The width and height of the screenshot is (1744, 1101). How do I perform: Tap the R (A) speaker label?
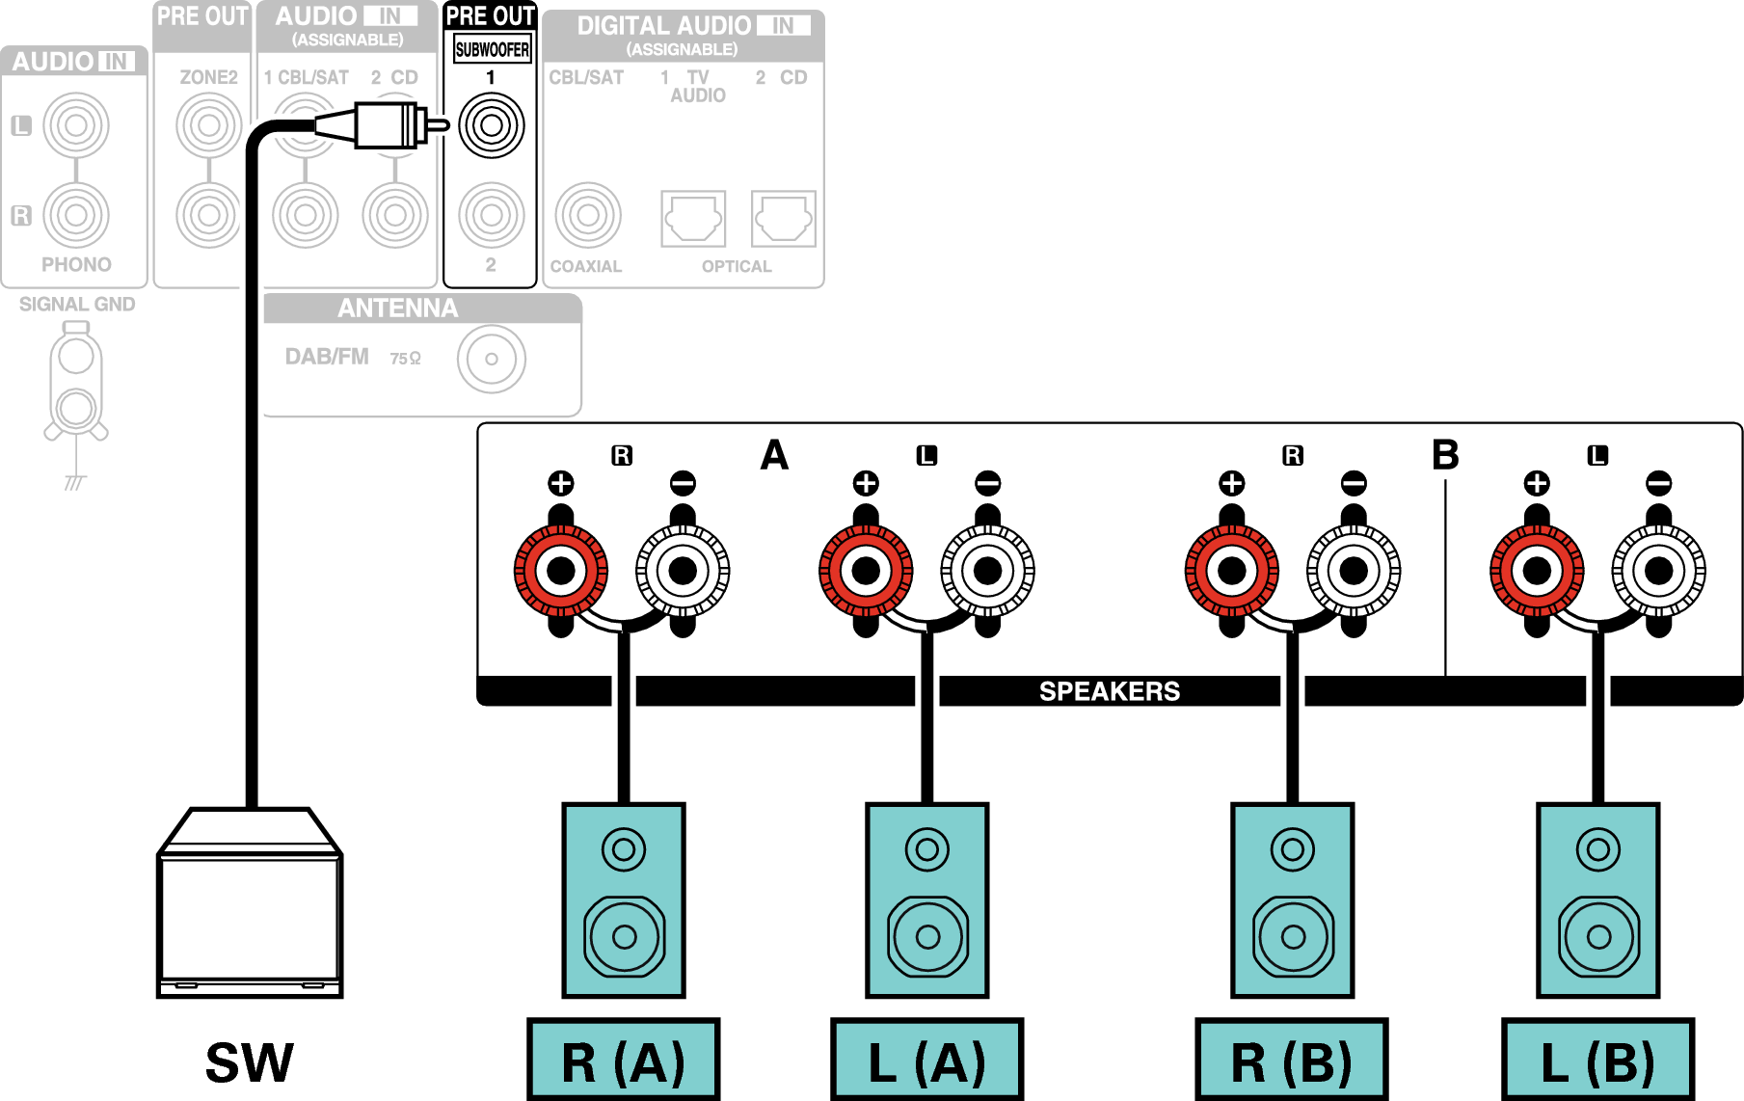click(624, 1060)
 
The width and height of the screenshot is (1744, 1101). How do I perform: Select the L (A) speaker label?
click(926, 1060)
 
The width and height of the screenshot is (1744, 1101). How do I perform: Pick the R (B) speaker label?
click(1292, 1060)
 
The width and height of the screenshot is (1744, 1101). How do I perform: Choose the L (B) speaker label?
click(1597, 1060)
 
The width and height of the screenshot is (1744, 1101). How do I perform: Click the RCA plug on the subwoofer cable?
click(386, 125)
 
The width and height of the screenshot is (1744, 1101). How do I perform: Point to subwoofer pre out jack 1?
click(492, 125)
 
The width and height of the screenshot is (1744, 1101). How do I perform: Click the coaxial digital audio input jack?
click(587, 215)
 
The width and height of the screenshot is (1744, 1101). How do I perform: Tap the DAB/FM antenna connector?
click(492, 360)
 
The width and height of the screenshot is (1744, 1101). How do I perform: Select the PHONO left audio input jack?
click(76, 125)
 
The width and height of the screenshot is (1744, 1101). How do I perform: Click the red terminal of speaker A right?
click(561, 571)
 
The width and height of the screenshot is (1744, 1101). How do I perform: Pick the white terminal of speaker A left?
click(987, 571)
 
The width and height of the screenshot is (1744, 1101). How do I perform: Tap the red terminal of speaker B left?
click(1537, 571)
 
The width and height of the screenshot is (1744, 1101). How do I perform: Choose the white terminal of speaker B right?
click(1354, 571)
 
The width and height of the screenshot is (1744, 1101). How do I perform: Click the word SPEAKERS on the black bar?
click(1109, 691)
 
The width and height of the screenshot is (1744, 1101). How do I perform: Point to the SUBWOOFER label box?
click(492, 49)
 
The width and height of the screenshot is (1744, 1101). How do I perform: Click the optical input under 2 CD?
click(783, 219)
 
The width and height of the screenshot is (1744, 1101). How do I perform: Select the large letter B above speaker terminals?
click(1445, 454)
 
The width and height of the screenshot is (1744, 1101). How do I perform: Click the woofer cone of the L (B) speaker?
click(1598, 936)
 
